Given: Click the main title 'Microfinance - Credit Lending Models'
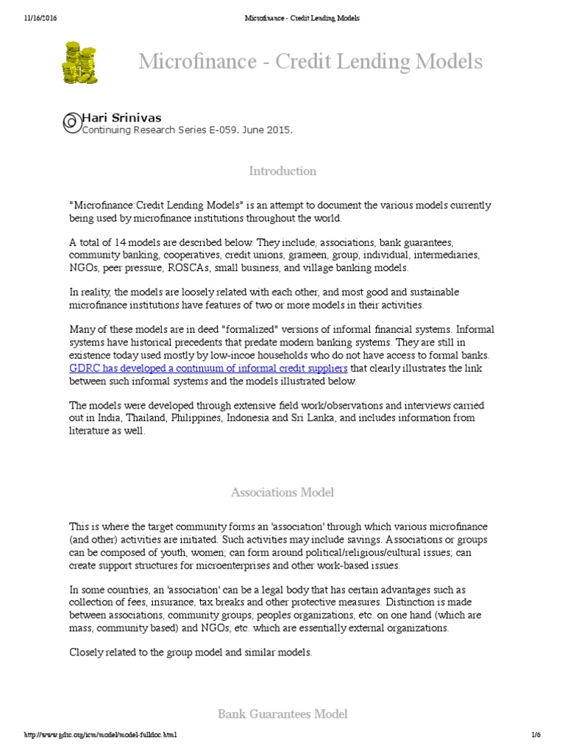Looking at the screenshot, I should pos(310,62).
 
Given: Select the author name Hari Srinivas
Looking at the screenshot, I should pos(121,118).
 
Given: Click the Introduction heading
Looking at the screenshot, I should pos(282,171).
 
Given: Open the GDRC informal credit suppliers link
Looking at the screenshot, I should pos(208,368).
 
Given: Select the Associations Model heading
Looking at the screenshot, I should pos(282,491).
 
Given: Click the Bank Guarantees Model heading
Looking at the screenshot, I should pos(282,714).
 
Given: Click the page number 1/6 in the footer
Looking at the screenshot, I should pos(535,735).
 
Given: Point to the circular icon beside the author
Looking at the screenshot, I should pos(71,123).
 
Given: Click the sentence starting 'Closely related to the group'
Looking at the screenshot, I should pos(191,652).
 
